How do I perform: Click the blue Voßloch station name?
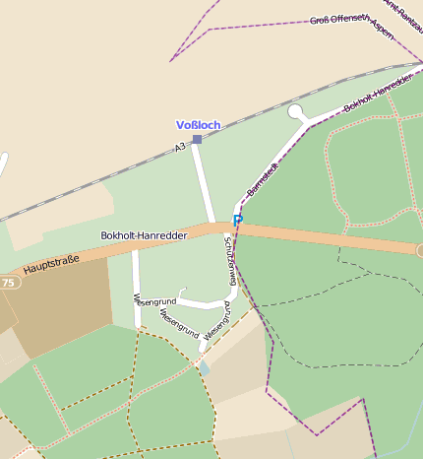click(x=198, y=125)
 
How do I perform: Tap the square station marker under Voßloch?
click(x=197, y=140)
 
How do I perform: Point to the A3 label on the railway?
click(x=180, y=147)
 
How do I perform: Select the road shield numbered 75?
click(x=9, y=283)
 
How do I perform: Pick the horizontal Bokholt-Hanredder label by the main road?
click(x=145, y=236)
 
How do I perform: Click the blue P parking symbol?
click(x=237, y=220)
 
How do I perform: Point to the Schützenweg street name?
click(x=230, y=261)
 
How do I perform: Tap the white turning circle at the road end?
click(x=296, y=112)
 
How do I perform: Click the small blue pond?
click(x=204, y=367)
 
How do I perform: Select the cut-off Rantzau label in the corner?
click(x=404, y=12)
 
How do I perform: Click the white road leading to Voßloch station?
click(x=205, y=187)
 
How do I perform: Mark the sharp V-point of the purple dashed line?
click(x=170, y=61)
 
